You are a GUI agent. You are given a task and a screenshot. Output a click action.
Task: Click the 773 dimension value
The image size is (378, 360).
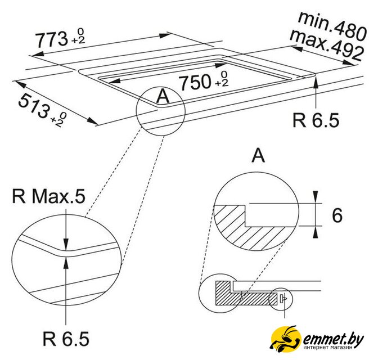coord(52,40)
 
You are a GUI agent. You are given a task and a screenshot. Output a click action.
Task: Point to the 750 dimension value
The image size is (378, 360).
coord(196,83)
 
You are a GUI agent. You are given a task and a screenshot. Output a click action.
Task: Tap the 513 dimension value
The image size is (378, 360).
coord(34,106)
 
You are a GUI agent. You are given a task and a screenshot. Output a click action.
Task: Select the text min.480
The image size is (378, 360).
coord(332,26)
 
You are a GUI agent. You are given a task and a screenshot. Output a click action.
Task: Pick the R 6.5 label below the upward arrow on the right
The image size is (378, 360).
coord(316,120)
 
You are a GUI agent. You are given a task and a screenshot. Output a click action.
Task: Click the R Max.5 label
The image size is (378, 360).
coord(48,196)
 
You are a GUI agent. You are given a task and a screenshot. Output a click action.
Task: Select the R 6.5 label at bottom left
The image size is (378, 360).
coord(66,339)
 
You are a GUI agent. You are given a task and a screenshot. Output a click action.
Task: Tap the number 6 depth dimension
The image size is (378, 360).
coord(337,215)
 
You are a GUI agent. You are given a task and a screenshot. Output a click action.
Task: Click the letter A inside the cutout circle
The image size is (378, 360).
coord(163,96)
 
